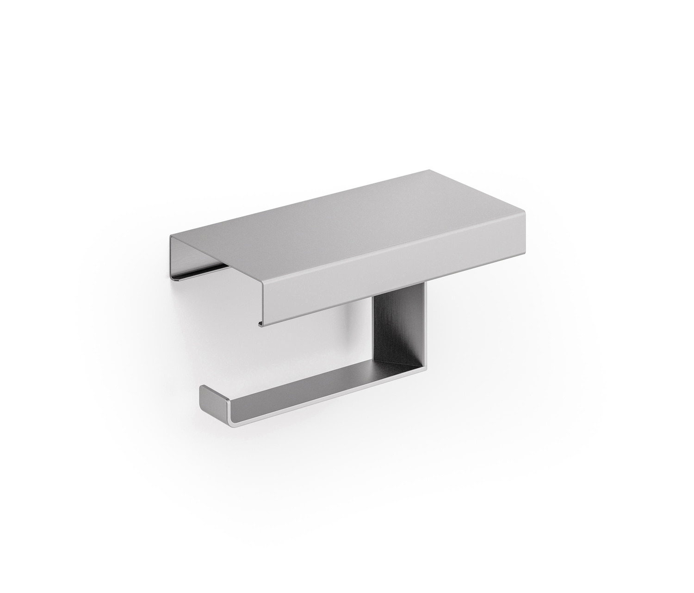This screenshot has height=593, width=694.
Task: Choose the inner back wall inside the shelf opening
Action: tap(185, 257)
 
